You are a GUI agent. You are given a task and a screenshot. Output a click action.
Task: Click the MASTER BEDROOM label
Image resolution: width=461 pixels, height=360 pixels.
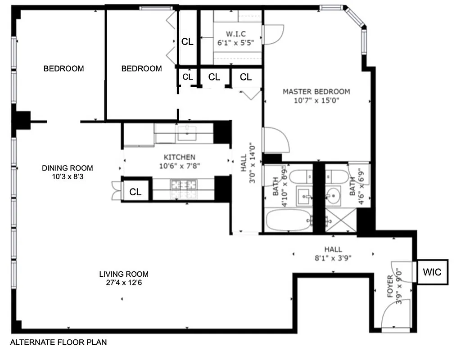pyautogui.click(x=316, y=91)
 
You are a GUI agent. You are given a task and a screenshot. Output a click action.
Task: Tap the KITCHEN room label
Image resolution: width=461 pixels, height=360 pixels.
pyautogui.click(x=179, y=157)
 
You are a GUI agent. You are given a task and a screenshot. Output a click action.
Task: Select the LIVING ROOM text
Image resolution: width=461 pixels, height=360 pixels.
pyautogui.click(x=124, y=274)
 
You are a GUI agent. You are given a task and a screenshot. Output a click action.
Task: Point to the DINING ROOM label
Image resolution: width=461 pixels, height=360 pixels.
pyautogui.click(x=68, y=168)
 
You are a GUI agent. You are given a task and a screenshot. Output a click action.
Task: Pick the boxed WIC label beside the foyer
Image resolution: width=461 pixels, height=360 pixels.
pyautogui.click(x=432, y=272)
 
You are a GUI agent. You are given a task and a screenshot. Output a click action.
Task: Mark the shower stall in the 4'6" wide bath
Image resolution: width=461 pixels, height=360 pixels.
pyautogui.click(x=341, y=220)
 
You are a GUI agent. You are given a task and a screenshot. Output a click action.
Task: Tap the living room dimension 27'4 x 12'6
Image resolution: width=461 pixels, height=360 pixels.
pyautogui.click(x=124, y=283)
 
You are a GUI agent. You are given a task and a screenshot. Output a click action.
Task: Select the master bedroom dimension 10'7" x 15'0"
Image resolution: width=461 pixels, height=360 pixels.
pyautogui.click(x=316, y=100)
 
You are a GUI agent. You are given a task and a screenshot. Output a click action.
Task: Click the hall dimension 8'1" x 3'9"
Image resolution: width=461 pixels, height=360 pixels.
pyautogui.click(x=333, y=258)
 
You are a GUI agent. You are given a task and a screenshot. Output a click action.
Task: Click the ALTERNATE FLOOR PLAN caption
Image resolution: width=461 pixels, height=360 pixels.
pyautogui.click(x=59, y=342)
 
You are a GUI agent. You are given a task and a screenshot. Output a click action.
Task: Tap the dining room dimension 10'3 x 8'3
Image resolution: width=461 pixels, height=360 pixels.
pyautogui.click(x=68, y=177)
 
